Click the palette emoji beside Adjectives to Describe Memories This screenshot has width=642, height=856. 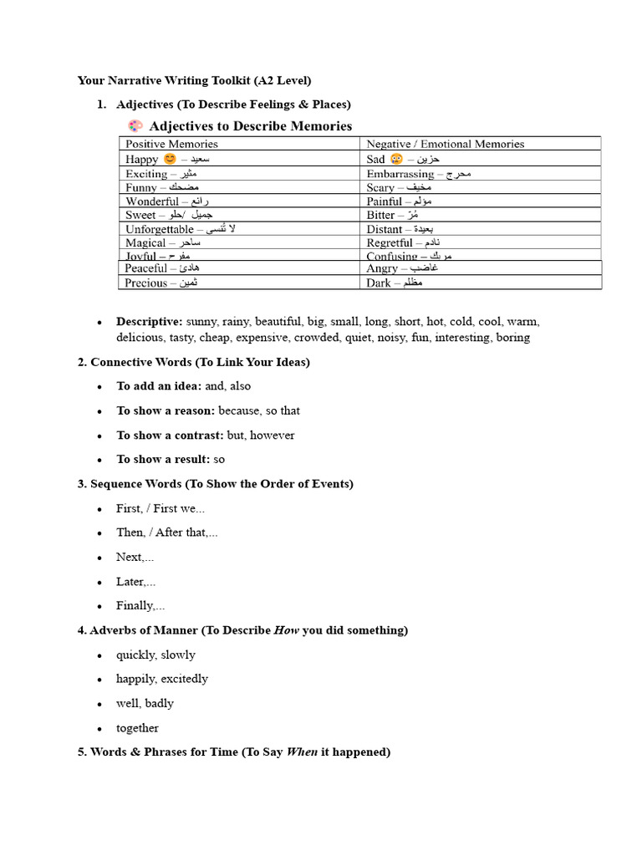click(135, 126)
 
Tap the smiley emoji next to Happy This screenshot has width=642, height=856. click(171, 159)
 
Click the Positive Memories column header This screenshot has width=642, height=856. click(171, 144)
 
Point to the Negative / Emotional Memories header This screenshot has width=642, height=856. click(445, 144)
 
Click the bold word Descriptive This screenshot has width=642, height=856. click(149, 322)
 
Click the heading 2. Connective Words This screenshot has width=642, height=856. click(193, 362)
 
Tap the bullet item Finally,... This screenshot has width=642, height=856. click(140, 605)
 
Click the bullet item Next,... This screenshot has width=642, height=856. click(135, 557)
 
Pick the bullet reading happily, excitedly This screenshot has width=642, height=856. click(162, 679)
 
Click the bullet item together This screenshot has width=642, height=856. click(137, 728)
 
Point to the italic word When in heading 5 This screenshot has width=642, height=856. click(302, 752)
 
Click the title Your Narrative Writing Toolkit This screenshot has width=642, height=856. click(194, 80)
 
